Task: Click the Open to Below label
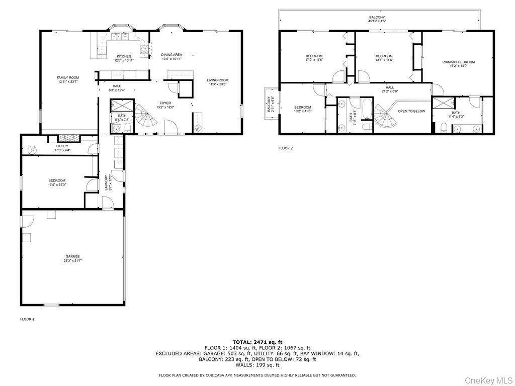(x=411, y=111)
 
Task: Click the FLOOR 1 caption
(x=27, y=319)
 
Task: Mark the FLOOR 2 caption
(x=285, y=148)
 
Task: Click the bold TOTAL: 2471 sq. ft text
(x=257, y=342)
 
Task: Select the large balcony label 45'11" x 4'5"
(x=377, y=19)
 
